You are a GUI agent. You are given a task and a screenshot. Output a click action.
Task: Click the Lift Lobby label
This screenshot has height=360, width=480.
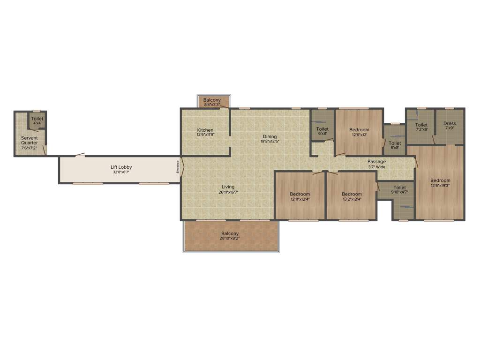tap(121, 167)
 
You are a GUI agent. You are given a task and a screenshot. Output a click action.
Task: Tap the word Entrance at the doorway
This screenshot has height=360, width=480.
tap(178, 167)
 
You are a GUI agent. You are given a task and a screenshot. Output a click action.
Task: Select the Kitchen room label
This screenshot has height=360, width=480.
tap(205, 130)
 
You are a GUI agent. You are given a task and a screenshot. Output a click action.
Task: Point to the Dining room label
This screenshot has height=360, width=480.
tap(270, 136)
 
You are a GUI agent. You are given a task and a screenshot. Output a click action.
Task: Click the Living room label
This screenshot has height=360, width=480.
tap(228, 187)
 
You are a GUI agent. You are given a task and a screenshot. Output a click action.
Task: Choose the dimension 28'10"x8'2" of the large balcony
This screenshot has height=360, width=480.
tap(230, 239)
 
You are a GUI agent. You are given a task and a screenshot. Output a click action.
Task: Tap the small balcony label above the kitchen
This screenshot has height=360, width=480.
tap(212, 100)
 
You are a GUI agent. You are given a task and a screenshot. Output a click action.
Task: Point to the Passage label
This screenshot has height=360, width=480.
tap(376, 162)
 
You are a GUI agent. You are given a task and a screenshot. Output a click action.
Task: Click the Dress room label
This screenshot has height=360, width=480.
tap(450, 124)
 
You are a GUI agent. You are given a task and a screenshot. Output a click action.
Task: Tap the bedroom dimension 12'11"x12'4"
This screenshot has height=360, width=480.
tap(300, 199)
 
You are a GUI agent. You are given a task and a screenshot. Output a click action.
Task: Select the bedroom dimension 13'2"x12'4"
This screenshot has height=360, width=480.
tap(352, 199)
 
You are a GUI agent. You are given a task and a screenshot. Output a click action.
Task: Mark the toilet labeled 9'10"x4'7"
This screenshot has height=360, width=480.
tap(400, 190)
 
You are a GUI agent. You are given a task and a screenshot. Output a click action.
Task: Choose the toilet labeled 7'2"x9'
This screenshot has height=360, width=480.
tap(421, 127)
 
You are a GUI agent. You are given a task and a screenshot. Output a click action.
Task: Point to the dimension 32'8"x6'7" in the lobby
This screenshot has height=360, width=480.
tap(121, 172)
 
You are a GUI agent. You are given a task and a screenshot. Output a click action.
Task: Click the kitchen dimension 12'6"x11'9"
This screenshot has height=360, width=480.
tap(205, 135)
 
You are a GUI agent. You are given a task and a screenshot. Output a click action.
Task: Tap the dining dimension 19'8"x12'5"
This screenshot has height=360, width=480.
tap(270, 141)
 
